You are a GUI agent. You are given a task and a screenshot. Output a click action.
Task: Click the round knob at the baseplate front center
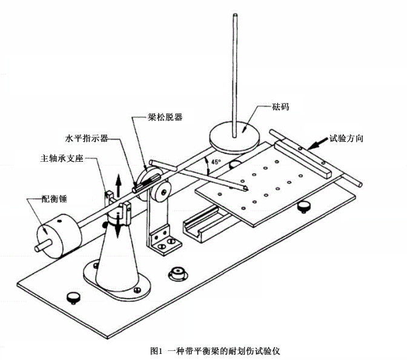coord(177,273)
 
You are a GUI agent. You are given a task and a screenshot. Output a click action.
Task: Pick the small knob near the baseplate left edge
coord(74,296)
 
